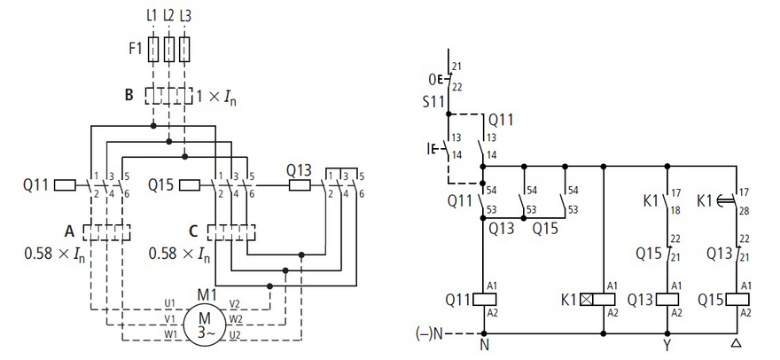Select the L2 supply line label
[x=168, y=16]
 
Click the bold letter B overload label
[x=129, y=95]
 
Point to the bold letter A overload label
[x=70, y=231]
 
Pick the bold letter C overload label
[x=194, y=231]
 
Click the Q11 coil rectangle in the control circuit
[x=484, y=299]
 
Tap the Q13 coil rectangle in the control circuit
[x=667, y=299]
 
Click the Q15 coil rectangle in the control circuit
[x=737, y=299]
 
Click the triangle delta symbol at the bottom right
[x=737, y=344]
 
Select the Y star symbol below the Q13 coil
[x=667, y=344]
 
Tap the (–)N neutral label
[x=429, y=333]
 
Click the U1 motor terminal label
[x=169, y=303]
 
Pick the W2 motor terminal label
[x=235, y=318]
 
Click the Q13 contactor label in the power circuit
[x=299, y=171]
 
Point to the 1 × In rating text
[x=216, y=96]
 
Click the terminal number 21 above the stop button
[x=457, y=67]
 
